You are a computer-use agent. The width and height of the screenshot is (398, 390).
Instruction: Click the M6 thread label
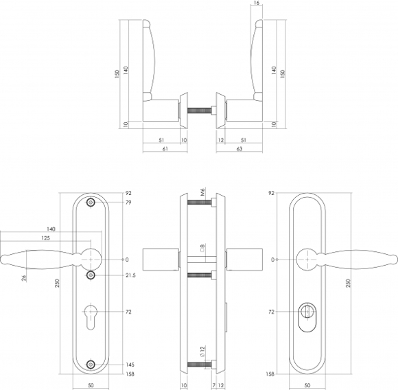pyautogui.click(x=202, y=192)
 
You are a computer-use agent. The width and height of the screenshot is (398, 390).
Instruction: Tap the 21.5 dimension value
pyautogui.click(x=130, y=275)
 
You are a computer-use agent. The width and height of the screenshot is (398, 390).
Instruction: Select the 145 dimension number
pyautogui.click(x=130, y=365)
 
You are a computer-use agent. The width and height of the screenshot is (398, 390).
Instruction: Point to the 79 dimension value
pyautogui.click(x=129, y=203)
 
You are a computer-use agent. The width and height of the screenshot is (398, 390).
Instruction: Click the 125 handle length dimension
pyautogui.click(x=46, y=238)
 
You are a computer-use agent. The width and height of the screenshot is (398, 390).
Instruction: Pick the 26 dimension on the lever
pyautogui.click(x=24, y=278)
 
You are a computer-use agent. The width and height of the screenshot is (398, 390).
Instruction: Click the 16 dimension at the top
pyautogui.click(x=257, y=3)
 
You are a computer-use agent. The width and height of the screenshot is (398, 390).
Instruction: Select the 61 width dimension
pyautogui.click(x=165, y=149)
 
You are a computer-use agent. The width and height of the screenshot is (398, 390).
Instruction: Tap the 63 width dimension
pyautogui.click(x=239, y=149)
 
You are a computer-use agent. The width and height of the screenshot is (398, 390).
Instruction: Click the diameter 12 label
pyautogui.click(x=202, y=352)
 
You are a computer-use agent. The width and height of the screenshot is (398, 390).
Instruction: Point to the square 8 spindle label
pyautogui.click(x=202, y=248)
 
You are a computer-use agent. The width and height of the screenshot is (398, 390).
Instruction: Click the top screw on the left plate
pyautogui.click(x=91, y=203)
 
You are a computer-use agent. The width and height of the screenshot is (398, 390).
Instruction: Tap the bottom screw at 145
pyautogui.click(x=91, y=365)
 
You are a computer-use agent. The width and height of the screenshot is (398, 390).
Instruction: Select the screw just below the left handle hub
pyautogui.click(x=91, y=275)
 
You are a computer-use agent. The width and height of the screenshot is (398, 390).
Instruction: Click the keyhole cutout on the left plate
pyautogui.click(x=91, y=316)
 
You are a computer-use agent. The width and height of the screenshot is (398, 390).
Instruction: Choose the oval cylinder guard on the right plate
pyautogui.click(x=307, y=317)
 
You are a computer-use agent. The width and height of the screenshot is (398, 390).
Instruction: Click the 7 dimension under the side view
pyautogui.click(x=214, y=385)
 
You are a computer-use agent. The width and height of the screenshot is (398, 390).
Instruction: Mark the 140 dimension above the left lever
pyautogui.click(x=51, y=229)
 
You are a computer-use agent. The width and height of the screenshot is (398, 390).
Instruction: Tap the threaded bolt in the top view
pyautogui.click(x=200, y=110)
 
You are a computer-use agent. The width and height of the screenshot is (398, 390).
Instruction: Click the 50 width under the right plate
pyautogui.click(x=307, y=385)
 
